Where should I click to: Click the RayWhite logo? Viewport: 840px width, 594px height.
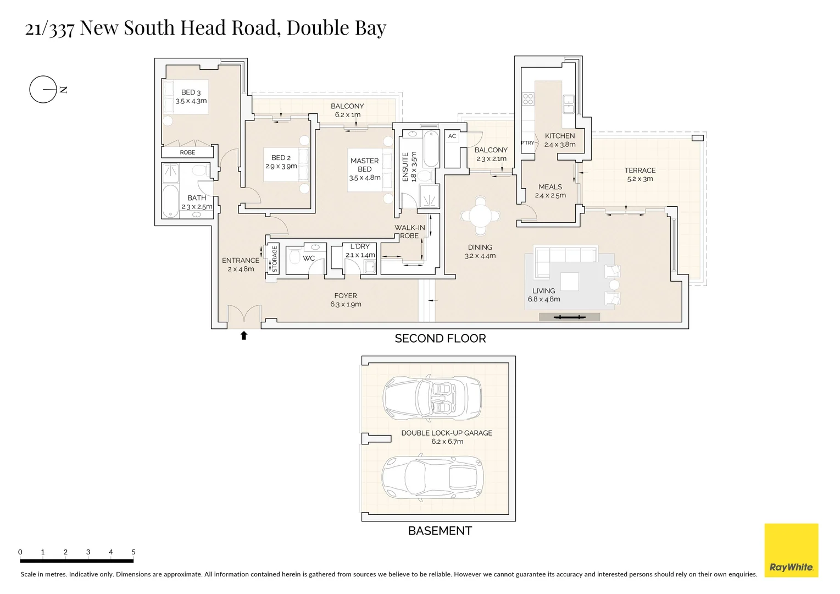(x=791, y=551)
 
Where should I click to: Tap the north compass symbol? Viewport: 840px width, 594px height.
(x=43, y=89)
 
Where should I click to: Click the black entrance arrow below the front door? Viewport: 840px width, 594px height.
(x=244, y=335)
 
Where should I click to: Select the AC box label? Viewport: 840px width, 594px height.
(x=452, y=136)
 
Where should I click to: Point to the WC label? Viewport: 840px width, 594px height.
(x=309, y=258)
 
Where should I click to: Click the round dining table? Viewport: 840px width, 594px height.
(x=481, y=215)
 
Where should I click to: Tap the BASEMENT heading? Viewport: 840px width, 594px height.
(x=440, y=531)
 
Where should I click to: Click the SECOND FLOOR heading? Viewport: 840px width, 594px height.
(x=440, y=339)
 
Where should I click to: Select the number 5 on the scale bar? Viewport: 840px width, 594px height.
(x=133, y=552)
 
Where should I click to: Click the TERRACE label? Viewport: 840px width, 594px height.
(x=640, y=170)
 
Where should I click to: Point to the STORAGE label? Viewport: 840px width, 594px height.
(x=275, y=259)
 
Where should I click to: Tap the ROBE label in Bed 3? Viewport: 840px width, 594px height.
(x=187, y=152)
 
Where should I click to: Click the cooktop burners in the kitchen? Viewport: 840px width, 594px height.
(x=528, y=99)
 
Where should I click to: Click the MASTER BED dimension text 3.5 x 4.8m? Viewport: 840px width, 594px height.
(x=365, y=178)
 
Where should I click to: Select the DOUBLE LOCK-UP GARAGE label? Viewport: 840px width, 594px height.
(x=447, y=433)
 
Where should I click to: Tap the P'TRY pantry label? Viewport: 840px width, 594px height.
(x=527, y=143)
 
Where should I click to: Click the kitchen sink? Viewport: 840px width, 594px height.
(x=568, y=104)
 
